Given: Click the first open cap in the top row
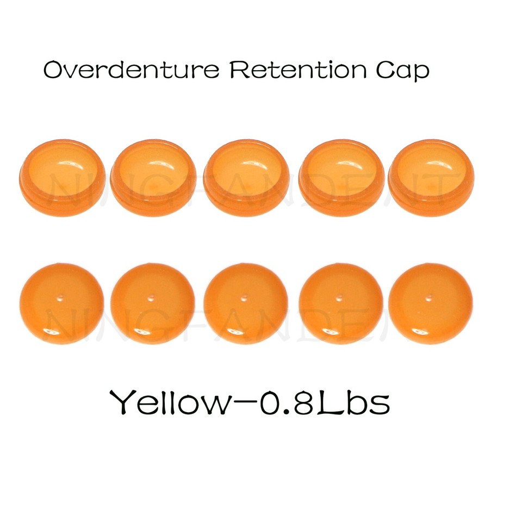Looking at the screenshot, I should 62,177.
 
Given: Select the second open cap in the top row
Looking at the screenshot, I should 153,177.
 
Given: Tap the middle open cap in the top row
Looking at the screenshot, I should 246,177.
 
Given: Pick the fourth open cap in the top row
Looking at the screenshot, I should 341,177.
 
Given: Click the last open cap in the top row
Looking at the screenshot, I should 431,177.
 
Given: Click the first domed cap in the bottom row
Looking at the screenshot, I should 61,303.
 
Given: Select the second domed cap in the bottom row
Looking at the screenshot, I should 152,303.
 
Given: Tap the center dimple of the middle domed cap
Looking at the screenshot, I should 245,298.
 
